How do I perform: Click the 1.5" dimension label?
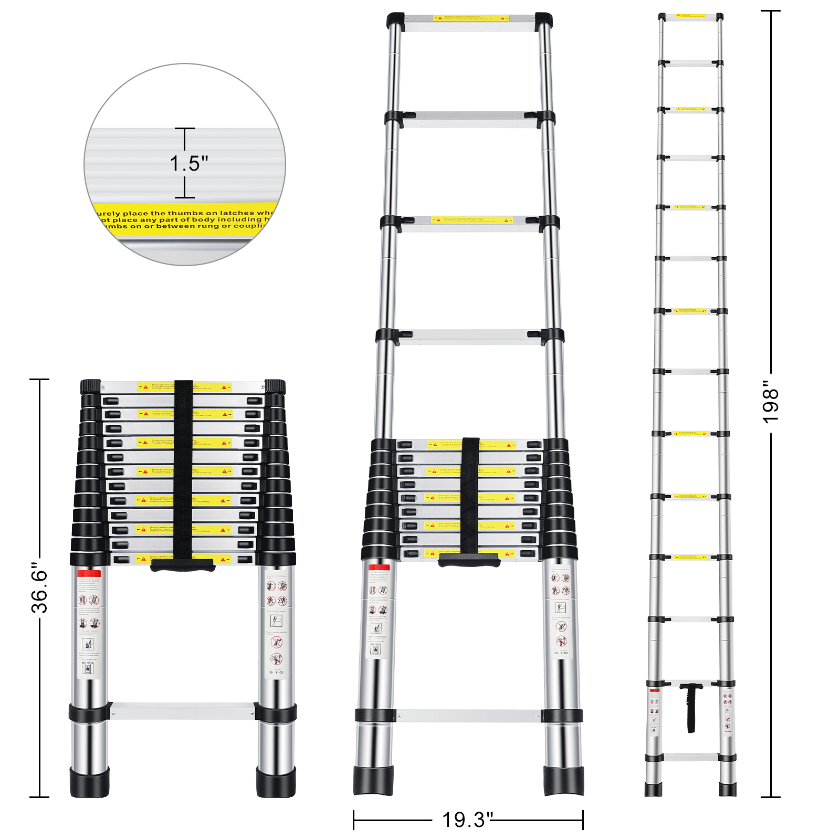click(x=188, y=163)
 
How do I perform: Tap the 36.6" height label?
click(x=39, y=587)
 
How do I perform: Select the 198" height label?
click(x=770, y=405)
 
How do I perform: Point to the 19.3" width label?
click(x=467, y=820)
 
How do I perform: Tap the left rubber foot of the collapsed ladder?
click(x=89, y=782)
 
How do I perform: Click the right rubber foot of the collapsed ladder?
click(x=276, y=782)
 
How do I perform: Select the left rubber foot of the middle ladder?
click(x=373, y=780)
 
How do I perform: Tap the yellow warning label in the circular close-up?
click(x=184, y=219)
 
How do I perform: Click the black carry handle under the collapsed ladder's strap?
click(x=183, y=565)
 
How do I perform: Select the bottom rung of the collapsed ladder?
click(x=183, y=711)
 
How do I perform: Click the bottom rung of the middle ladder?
click(x=468, y=715)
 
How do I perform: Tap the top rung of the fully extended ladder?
click(x=691, y=17)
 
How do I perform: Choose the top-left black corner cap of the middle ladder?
click(x=395, y=21)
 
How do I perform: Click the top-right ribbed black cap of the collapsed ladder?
click(x=275, y=387)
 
